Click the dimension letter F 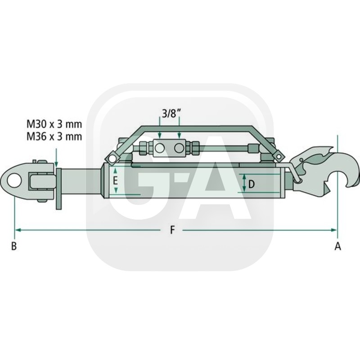pos(172,230)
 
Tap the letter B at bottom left pos(14,246)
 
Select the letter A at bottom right pos(337,246)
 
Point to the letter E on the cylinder pos(115,181)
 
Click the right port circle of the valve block pos(179,147)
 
